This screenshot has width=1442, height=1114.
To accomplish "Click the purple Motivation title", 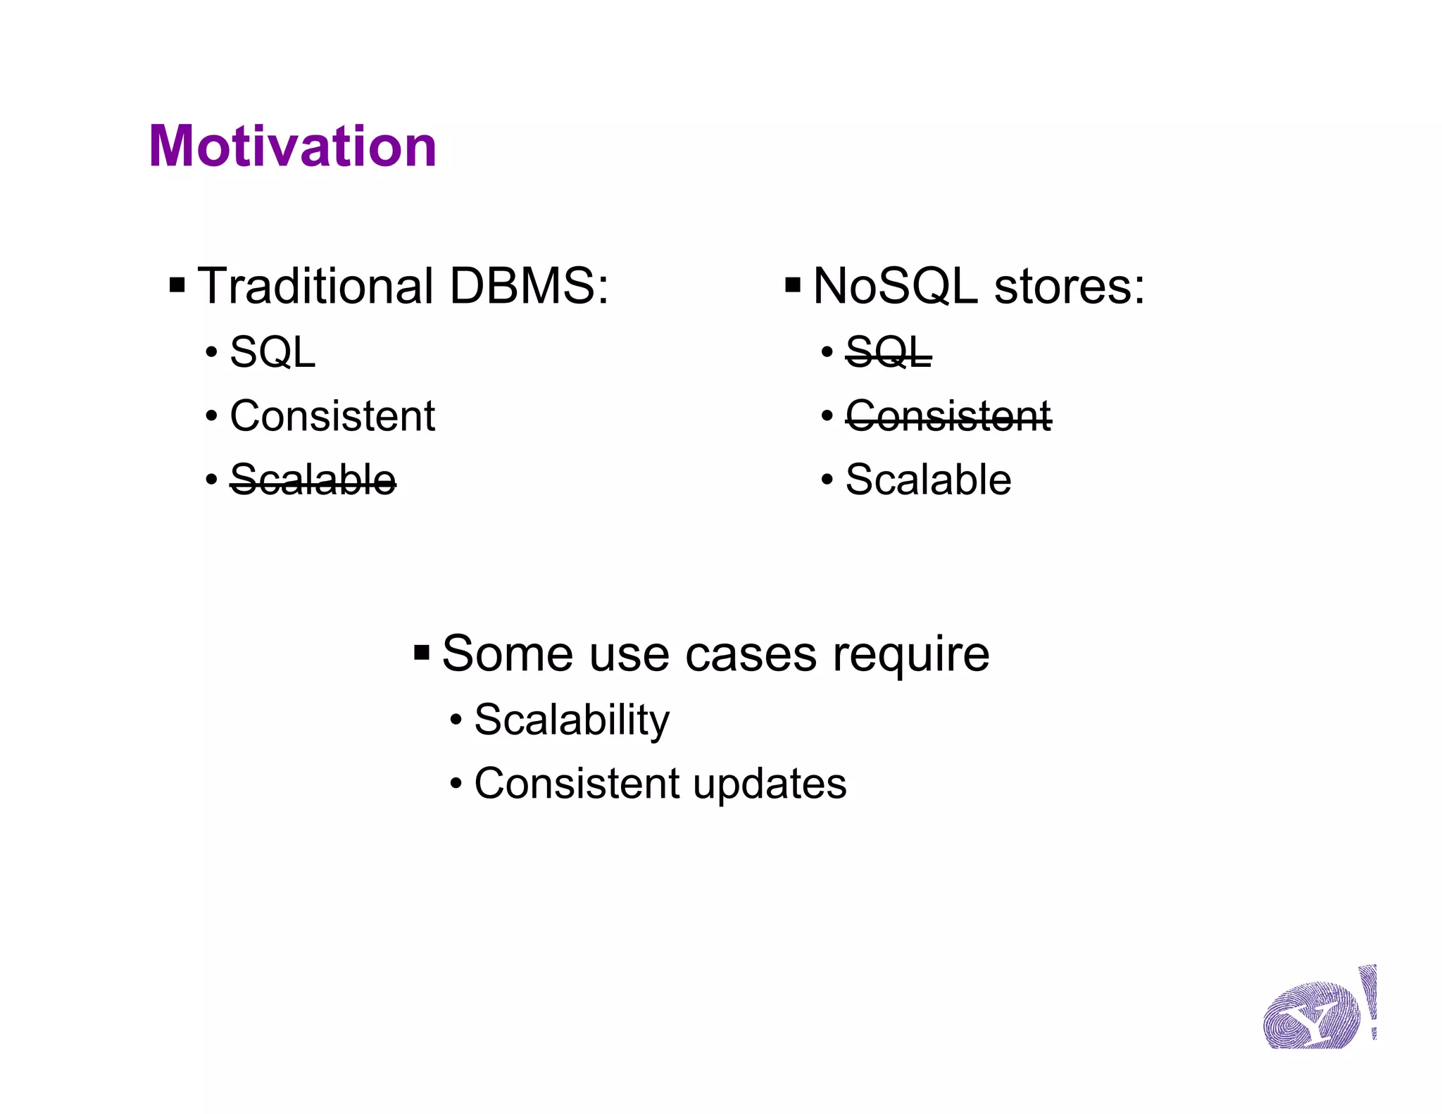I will [292, 146].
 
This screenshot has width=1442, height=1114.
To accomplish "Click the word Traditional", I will [315, 287].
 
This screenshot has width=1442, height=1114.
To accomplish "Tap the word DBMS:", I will [529, 287].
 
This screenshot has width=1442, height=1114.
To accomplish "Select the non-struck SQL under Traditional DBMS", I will [272, 352].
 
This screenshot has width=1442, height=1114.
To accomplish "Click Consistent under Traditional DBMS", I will [332, 416].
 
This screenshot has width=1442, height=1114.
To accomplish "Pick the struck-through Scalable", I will [313, 480].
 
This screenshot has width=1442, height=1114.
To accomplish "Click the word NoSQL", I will [895, 287].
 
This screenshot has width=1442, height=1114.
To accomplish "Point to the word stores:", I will [1070, 287].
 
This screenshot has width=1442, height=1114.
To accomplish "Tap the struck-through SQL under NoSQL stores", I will [888, 352].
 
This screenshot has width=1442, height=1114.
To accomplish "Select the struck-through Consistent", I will [948, 416].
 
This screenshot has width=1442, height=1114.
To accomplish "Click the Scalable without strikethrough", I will [928, 480].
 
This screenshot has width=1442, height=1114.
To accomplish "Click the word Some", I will [507, 654].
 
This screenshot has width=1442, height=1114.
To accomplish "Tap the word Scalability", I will [572, 720].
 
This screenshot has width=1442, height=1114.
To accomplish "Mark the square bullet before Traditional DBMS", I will [177, 286].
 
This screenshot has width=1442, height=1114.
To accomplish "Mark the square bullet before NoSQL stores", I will [793, 286].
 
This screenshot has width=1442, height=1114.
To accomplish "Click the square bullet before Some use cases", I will [422, 653].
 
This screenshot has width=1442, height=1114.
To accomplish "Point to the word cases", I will [751, 656].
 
